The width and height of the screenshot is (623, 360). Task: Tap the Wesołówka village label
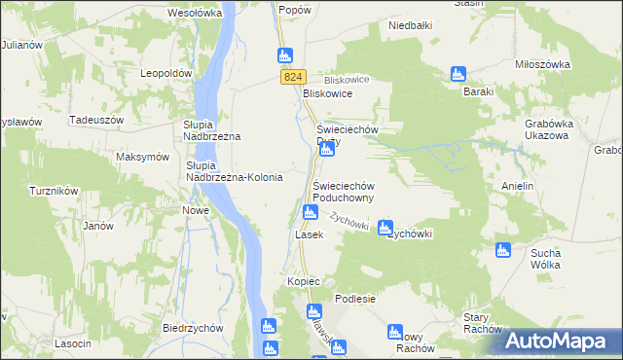pyautogui.click(x=196, y=14)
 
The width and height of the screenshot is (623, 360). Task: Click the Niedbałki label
pyautogui.click(x=409, y=26)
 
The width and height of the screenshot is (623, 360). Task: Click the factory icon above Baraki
pyautogui.click(x=458, y=74)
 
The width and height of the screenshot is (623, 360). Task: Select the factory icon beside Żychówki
pyautogui.click(x=385, y=226)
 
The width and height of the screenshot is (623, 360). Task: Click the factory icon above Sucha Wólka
pyautogui.click(x=503, y=250)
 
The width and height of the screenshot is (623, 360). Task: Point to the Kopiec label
pyautogui.click(x=304, y=281)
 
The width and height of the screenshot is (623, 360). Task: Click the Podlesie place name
pyautogui.click(x=354, y=299)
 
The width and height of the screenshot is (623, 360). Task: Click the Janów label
pyautogui.click(x=98, y=226)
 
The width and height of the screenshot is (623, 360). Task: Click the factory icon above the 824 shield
pyautogui.click(x=284, y=55)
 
